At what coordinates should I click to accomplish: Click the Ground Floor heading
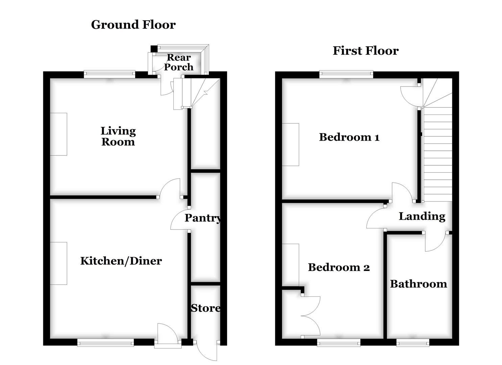[133, 25]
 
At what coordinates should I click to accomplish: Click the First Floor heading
[365, 51]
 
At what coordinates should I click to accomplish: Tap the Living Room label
[118, 136]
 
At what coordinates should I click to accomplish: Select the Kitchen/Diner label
[121, 261]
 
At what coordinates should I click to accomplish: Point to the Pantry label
[203, 218]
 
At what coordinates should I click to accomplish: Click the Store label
[206, 308]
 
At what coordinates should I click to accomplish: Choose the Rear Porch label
[178, 62]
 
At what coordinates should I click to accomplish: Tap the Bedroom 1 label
[349, 137]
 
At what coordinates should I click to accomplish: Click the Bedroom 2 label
[339, 267]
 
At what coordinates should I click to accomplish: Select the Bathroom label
[419, 284]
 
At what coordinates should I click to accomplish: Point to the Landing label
[422, 216]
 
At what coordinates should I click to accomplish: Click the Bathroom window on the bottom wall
[413, 343]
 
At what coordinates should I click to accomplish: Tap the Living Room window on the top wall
[110, 74]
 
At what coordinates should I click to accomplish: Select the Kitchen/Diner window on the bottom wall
[105, 343]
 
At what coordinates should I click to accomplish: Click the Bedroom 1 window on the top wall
[346, 74]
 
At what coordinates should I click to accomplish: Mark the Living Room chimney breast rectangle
[58, 134]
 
